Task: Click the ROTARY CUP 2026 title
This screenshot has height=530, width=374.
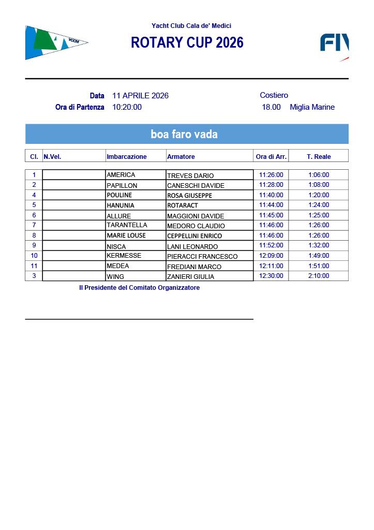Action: click(187, 43)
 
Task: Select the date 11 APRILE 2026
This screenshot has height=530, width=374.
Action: click(140, 96)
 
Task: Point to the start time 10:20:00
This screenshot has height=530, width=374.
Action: click(127, 107)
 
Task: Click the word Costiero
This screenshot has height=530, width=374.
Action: click(274, 95)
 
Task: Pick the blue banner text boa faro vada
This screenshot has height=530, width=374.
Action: click(184, 135)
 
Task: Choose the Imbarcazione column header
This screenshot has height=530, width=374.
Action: click(127, 156)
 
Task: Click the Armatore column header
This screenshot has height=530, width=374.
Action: click(181, 156)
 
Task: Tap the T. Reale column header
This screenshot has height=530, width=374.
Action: click(319, 156)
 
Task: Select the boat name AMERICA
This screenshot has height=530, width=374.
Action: click(121, 175)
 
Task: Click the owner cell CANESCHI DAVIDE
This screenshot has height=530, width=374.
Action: click(196, 185)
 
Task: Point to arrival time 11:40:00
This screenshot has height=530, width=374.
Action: click(271, 195)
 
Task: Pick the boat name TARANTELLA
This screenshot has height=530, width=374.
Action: click(127, 225)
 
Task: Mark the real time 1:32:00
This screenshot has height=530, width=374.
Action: click(319, 245)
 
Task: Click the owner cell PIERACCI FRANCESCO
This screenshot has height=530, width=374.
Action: click(202, 256)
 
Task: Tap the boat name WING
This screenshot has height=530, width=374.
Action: click(115, 276)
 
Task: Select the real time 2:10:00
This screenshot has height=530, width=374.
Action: click(319, 276)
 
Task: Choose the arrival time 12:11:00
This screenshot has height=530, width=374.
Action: click(271, 266)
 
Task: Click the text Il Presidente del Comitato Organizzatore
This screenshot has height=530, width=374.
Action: click(139, 288)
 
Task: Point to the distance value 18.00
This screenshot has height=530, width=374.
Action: click(271, 107)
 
